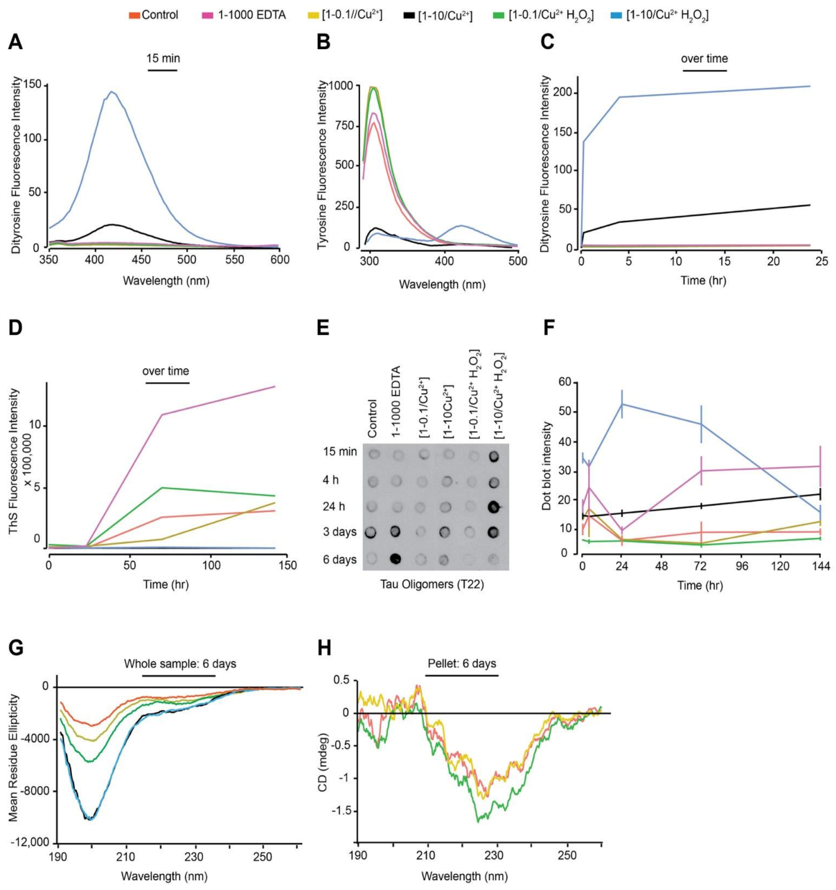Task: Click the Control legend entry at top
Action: [159, 15]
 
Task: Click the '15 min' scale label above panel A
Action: [163, 59]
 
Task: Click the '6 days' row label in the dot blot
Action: [339, 559]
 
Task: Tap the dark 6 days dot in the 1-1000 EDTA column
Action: [398, 559]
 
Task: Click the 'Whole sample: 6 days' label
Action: [180, 664]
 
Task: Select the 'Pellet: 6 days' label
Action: [461, 664]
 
